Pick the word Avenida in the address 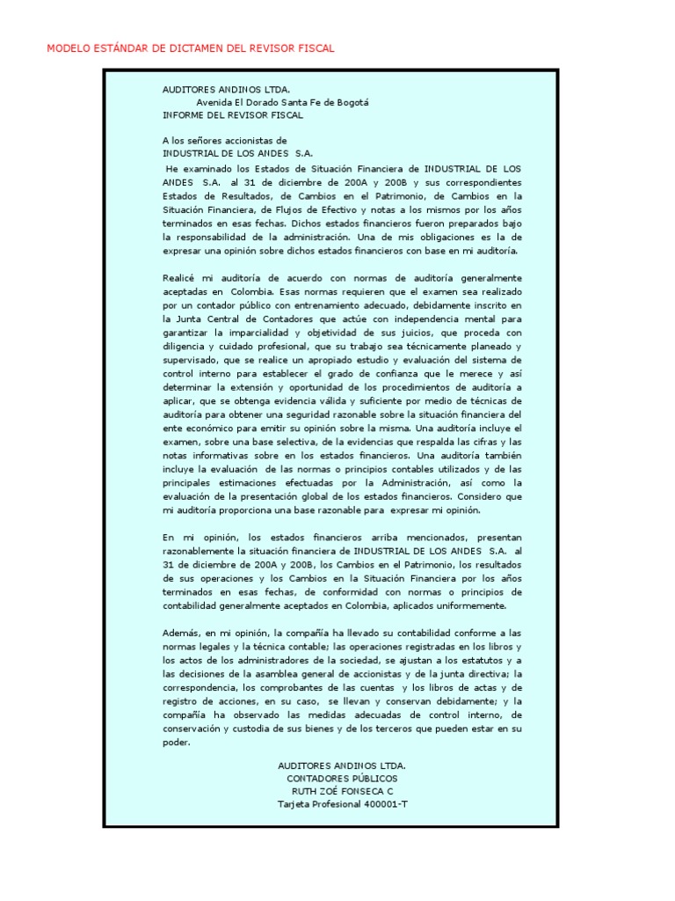pos(214,102)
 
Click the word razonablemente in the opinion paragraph pos(199,551)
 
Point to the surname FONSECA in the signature pos(359,792)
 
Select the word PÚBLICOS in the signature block pos(369,779)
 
